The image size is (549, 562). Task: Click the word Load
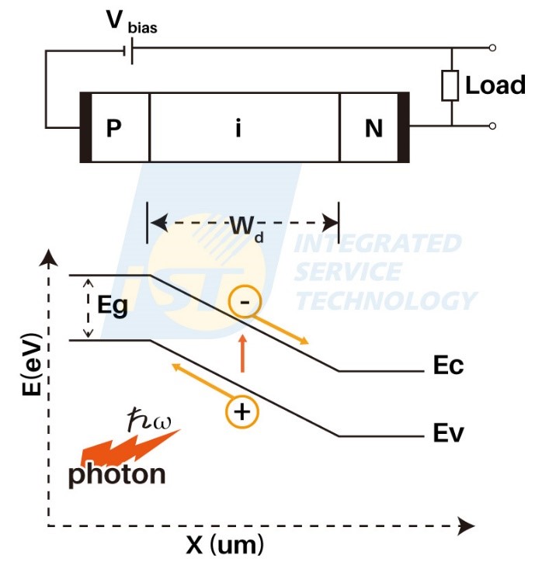[495, 85]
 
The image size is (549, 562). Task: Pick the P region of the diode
[114, 128]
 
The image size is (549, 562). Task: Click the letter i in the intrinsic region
[238, 129]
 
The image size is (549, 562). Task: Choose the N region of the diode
[374, 128]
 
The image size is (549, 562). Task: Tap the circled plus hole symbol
[242, 411]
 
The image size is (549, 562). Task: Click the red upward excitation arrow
[243, 352]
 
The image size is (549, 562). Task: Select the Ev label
[448, 432]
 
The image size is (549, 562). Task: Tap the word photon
[116, 473]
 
